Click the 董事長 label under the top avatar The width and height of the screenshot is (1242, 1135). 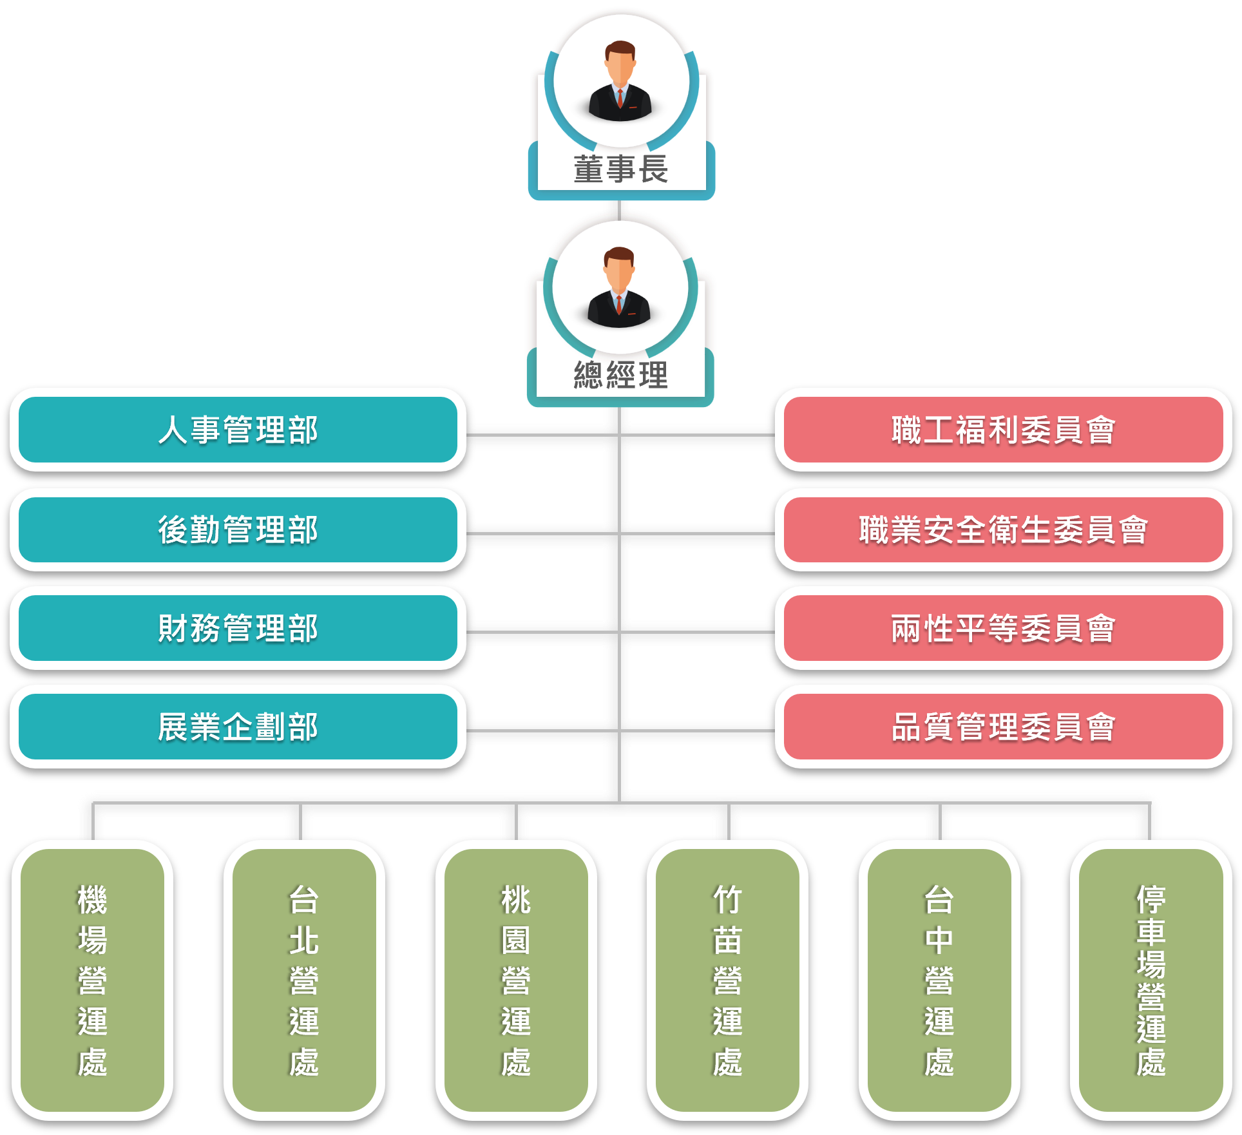click(x=620, y=170)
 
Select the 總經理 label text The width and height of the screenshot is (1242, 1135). click(x=620, y=376)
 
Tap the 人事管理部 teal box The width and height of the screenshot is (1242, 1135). click(x=238, y=430)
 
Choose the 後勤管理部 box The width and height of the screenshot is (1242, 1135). click(x=238, y=529)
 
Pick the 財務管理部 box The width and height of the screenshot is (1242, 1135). click(x=238, y=628)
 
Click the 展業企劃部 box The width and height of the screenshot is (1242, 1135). click(x=238, y=727)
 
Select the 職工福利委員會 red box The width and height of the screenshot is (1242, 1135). click(x=1003, y=430)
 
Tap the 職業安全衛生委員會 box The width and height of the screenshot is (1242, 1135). click(x=1003, y=529)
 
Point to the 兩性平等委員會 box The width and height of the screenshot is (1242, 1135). click(x=1003, y=628)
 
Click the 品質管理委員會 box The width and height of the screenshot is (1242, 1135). click(x=1003, y=727)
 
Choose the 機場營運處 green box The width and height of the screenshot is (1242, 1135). click(x=92, y=979)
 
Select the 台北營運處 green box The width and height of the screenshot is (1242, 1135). click(x=304, y=979)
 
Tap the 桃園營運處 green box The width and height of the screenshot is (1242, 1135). click(x=516, y=979)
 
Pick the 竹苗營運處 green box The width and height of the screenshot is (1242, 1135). click(x=727, y=979)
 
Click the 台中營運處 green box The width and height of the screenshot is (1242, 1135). click(x=939, y=979)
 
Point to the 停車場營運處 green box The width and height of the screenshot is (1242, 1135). click(x=1151, y=979)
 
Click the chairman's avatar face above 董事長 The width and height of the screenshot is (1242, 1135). click(x=620, y=64)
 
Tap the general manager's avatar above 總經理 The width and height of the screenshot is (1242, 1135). click(x=619, y=287)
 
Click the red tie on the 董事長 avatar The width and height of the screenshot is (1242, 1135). click(x=620, y=99)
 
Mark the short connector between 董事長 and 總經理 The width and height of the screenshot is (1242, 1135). click(x=616, y=209)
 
